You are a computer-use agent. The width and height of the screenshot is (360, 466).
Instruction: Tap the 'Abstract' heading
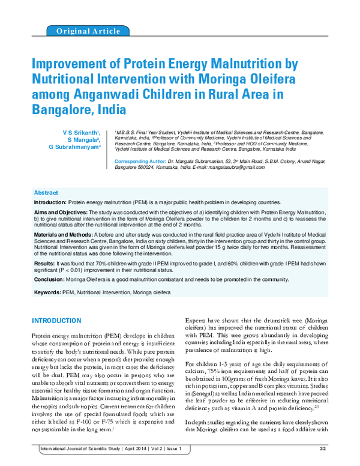46,193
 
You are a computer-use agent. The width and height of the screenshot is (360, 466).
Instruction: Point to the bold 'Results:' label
44,263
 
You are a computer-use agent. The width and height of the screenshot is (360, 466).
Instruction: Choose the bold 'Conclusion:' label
49,279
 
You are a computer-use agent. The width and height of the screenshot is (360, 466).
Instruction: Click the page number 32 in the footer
322,448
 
